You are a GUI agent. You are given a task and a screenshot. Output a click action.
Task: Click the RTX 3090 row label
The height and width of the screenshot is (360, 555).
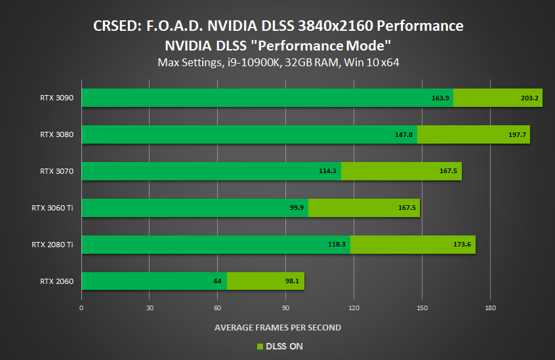click(56, 98)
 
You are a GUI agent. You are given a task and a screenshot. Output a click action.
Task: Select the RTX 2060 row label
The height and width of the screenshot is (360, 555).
click(56, 281)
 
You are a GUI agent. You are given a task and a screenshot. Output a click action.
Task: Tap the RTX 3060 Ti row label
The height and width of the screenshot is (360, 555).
click(52, 208)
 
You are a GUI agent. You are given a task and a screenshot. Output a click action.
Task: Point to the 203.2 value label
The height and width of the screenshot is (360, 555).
click(527, 98)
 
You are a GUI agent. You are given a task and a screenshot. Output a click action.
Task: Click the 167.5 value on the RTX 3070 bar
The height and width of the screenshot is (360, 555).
click(447, 171)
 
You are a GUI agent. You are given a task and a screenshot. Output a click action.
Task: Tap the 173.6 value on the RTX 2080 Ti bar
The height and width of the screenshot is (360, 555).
click(461, 245)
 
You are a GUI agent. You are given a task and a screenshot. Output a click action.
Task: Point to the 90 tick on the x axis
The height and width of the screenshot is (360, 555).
click(285, 308)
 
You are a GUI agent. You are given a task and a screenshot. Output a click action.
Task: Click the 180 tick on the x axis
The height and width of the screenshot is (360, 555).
click(489, 308)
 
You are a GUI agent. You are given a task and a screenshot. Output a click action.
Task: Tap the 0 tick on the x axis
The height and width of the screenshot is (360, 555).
click(81, 308)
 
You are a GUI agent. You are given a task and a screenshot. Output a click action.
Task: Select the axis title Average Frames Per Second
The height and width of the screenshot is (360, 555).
click(277, 327)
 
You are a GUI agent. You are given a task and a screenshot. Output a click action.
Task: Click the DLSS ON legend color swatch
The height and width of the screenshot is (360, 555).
click(259, 346)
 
